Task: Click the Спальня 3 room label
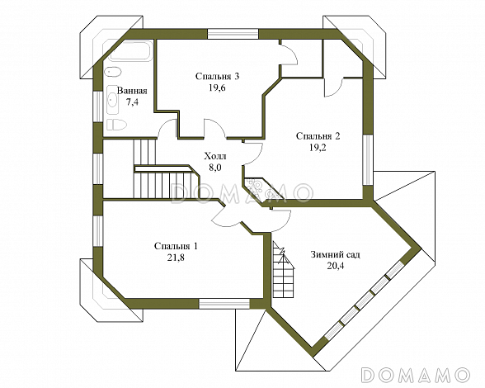click(x=218, y=76)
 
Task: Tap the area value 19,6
click(x=217, y=88)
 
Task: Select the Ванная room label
click(x=132, y=91)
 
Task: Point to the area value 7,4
click(x=132, y=102)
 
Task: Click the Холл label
click(x=215, y=156)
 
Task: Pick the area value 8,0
click(x=215, y=168)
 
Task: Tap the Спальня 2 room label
click(x=318, y=136)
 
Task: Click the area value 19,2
click(x=318, y=148)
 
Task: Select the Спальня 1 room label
click(x=176, y=246)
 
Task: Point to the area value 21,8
click(x=176, y=258)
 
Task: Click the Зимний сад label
click(x=335, y=255)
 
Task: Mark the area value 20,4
click(x=335, y=266)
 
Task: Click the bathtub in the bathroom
click(x=130, y=51)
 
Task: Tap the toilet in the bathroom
click(x=116, y=125)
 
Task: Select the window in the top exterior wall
click(x=233, y=34)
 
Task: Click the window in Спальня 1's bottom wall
click(x=224, y=304)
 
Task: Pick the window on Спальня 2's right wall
click(x=368, y=160)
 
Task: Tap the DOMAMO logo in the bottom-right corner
click(x=416, y=374)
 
